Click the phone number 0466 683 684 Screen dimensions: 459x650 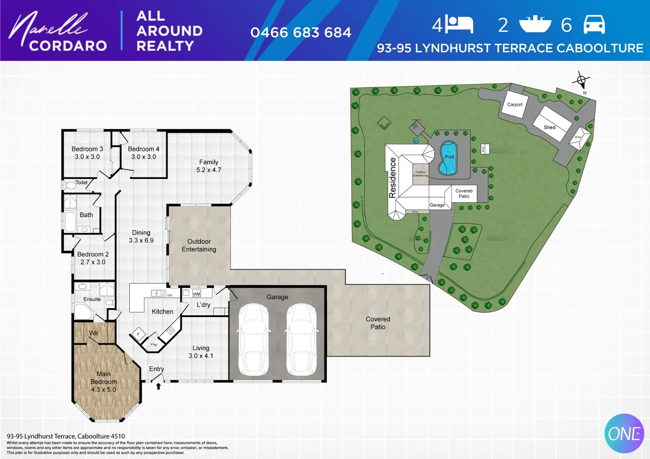pos(301,33)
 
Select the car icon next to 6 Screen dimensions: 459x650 pos(594,24)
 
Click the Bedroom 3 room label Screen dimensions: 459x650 pos(87,153)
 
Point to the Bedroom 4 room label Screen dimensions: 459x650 pos(143,153)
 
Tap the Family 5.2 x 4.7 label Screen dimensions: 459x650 pos(208,166)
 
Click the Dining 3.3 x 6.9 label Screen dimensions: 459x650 pos(141,236)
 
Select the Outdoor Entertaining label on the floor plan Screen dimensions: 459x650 pos(199,245)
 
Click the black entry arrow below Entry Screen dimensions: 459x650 pos(158,386)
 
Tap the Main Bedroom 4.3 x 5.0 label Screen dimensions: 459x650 pos(103,381)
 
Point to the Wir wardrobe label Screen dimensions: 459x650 pos(94,333)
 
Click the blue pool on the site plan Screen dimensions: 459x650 pos(448,159)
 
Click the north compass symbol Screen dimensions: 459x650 pos(581,80)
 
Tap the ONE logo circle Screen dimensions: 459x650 pos(624,433)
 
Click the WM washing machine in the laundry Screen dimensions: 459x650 pos(196,294)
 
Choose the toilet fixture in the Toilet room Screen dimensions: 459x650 pos(70,185)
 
